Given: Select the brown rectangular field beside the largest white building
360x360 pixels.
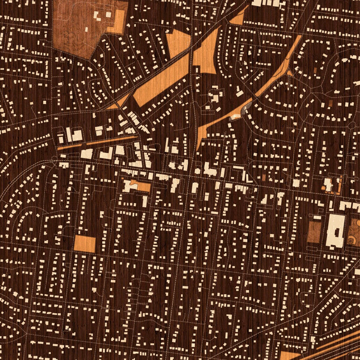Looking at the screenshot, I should point(314,232).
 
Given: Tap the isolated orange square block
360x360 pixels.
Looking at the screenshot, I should point(84,243).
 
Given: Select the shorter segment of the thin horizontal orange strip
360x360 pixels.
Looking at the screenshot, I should point(65,148).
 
